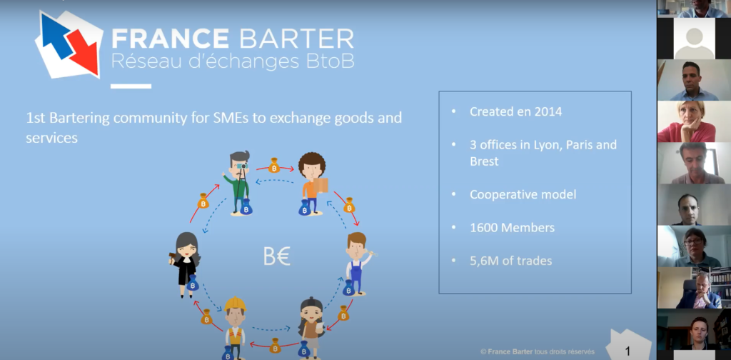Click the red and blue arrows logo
(x=69, y=44)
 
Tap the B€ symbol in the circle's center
(x=277, y=257)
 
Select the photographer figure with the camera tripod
(x=239, y=183)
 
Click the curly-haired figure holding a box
(x=313, y=184)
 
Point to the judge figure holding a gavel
(x=186, y=264)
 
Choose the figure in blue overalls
(x=358, y=264)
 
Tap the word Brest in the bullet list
(x=485, y=162)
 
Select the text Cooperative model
(x=523, y=194)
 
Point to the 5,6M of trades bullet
(x=511, y=261)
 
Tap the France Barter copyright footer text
(x=538, y=352)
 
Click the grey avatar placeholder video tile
(x=694, y=39)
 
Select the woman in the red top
(x=694, y=121)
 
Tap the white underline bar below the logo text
(x=131, y=86)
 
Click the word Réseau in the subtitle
(x=139, y=62)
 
